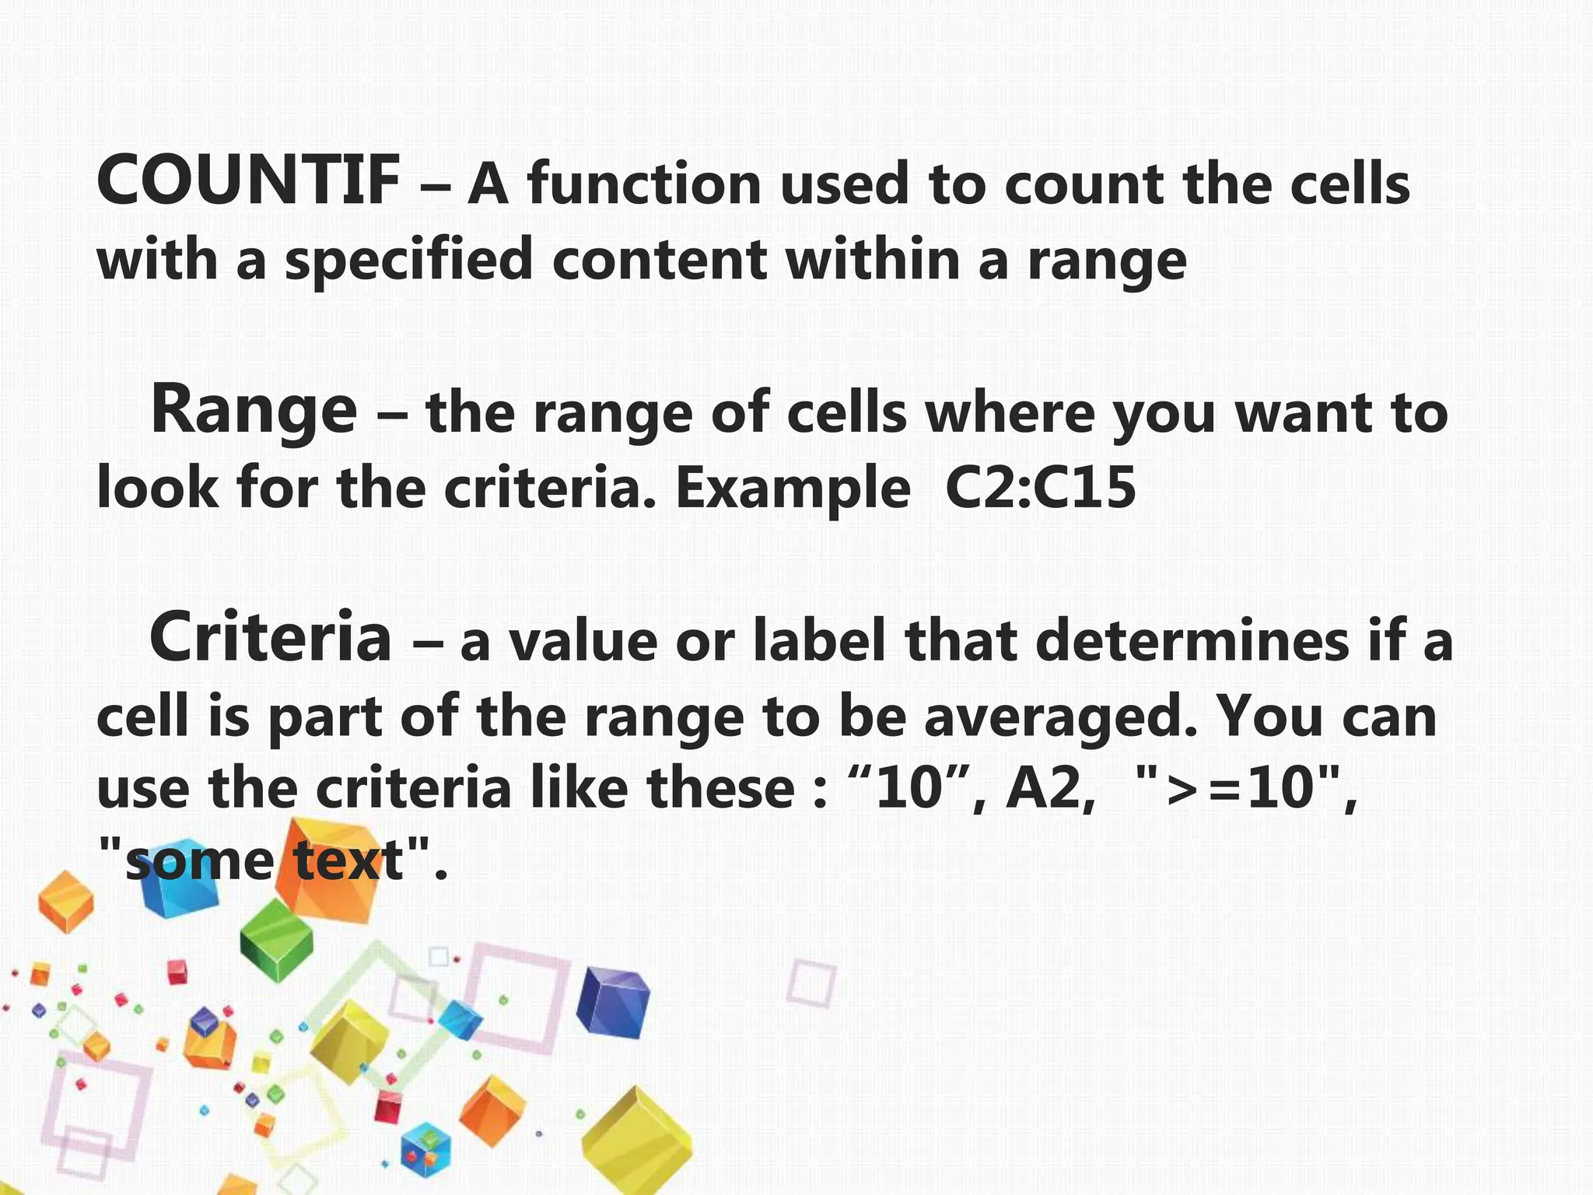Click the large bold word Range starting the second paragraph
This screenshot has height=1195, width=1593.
coord(253,411)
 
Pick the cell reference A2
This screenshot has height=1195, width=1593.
coord(1045,788)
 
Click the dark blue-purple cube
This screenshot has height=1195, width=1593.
coord(612,1003)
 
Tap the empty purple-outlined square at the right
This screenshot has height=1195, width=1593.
coord(812,982)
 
